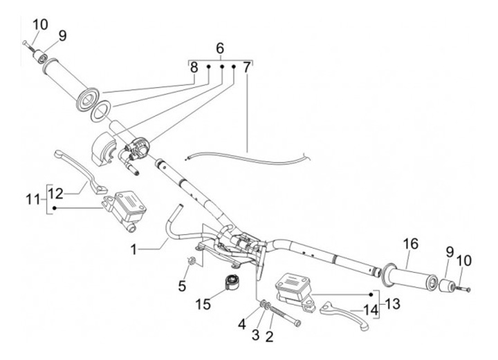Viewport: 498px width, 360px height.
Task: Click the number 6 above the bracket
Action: (x=220, y=49)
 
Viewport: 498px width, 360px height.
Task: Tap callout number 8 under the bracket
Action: (x=194, y=68)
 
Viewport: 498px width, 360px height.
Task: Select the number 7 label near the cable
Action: (x=247, y=68)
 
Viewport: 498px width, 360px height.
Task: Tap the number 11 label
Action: (x=30, y=200)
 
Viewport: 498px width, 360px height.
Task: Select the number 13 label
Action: (x=394, y=303)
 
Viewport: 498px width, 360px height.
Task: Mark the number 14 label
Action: (x=371, y=310)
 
